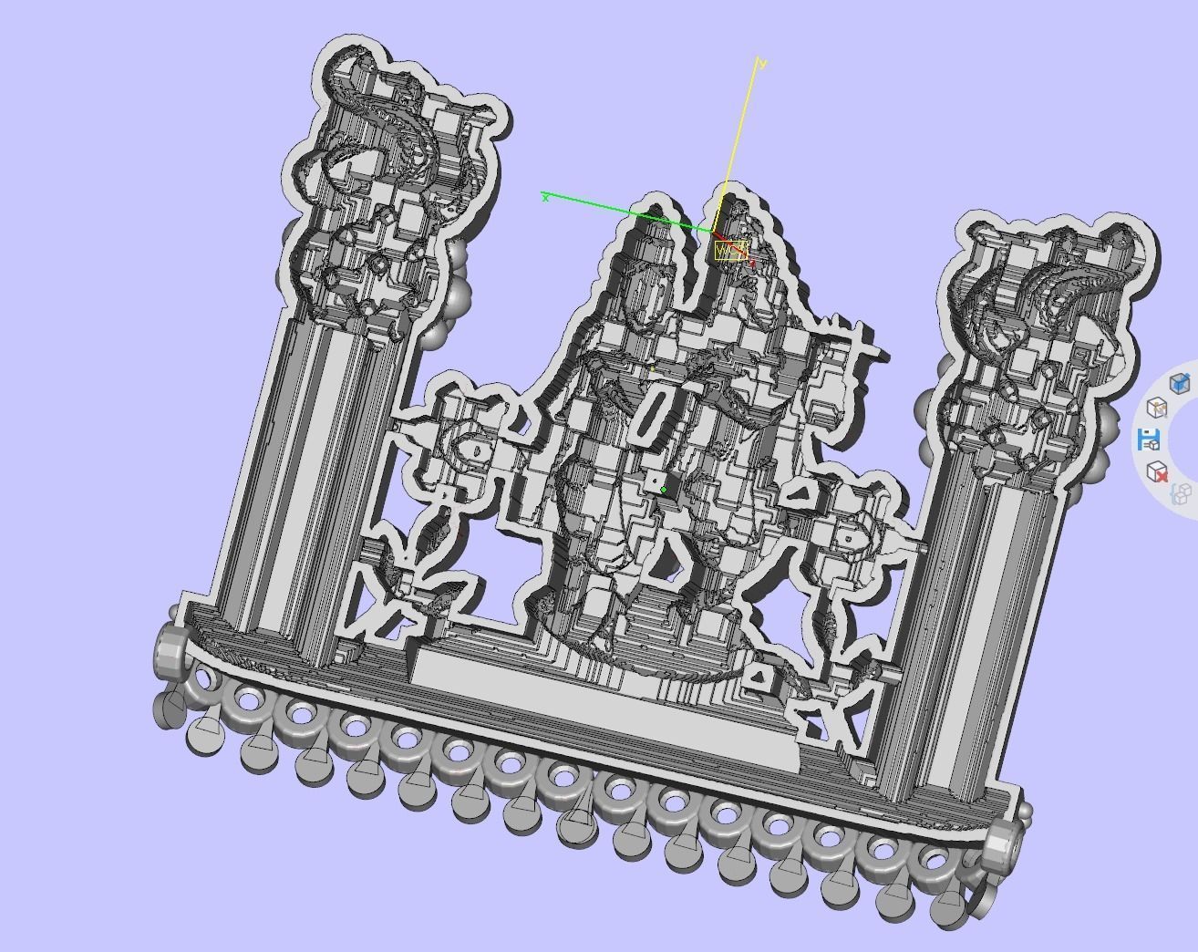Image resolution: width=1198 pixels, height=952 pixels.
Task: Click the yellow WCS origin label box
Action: coord(730,251)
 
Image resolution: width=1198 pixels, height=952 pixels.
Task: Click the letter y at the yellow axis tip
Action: coord(762,63)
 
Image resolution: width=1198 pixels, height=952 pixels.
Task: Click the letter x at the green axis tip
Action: coord(545,197)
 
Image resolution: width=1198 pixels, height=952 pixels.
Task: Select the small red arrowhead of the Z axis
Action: coord(751,263)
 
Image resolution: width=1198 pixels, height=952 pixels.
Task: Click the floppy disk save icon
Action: coord(1149,440)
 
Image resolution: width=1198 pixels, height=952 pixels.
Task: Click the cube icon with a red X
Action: coord(1157,471)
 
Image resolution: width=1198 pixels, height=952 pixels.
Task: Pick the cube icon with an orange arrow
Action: coord(1156,407)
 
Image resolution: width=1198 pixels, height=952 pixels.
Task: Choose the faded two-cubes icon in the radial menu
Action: coord(1181,494)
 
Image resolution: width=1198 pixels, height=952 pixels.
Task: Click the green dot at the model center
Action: coord(664,490)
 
